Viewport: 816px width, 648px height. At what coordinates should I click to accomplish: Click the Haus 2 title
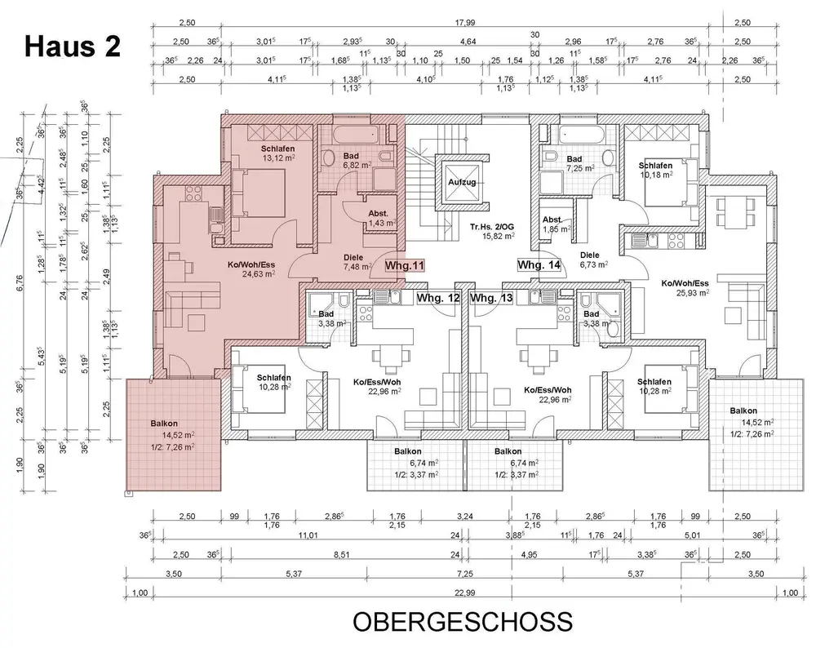(71, 46)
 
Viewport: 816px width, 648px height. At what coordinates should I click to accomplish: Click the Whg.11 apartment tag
(406, 265)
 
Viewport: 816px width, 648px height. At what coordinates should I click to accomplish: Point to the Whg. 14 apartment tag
(539, 265)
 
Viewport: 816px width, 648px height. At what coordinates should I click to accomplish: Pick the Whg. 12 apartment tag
(438, 298)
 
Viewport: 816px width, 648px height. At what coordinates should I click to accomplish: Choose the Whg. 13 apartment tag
(492, 298)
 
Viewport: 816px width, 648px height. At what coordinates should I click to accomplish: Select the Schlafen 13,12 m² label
(272, 153)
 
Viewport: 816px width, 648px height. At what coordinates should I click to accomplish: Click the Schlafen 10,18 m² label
(655, 169)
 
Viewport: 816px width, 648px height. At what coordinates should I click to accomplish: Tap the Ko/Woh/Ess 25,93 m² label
(685, 287)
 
